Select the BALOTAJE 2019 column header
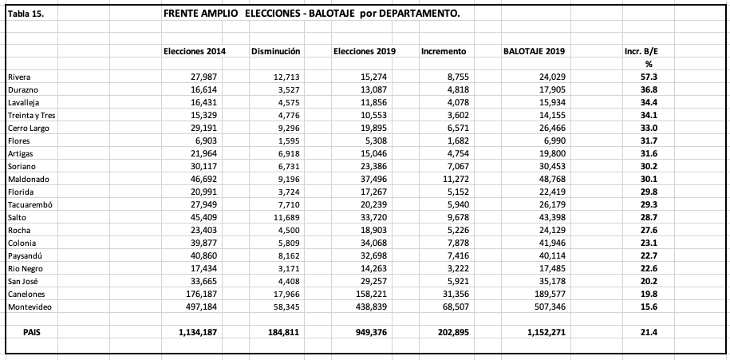click(534, 51)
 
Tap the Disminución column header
click(275, 51)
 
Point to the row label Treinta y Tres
click(32, 115)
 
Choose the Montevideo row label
click(30, 307)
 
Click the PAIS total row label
click(32, 332)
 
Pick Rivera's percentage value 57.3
click(651, 77)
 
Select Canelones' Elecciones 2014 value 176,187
click(208, 294)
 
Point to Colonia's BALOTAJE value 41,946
click(549, 243)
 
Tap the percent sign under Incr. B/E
click(649, 64)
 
